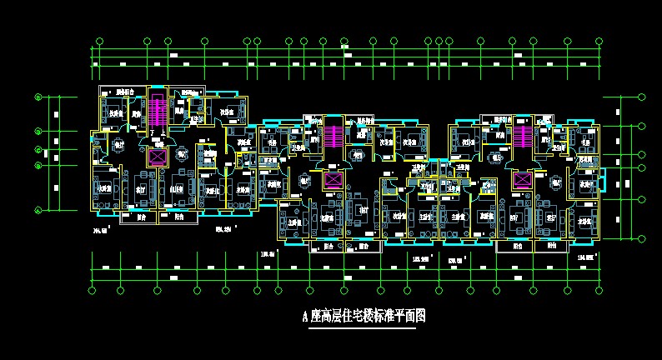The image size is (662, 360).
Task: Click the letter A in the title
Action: (x=305, y=317)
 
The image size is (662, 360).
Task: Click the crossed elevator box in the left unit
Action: (x=157, y=155)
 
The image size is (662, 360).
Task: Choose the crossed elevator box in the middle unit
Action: (x=333, y=180)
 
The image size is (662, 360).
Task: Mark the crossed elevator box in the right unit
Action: (x=523, y=180)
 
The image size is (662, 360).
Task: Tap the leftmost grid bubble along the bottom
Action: (x=92, y=290)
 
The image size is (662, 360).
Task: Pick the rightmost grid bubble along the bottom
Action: (x=597, y=290)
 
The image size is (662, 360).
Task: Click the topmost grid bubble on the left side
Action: (x=38, y=97)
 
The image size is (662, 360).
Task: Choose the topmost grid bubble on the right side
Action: (x=641, y=97)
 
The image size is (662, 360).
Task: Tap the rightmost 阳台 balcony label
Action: (x=551, y=246)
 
